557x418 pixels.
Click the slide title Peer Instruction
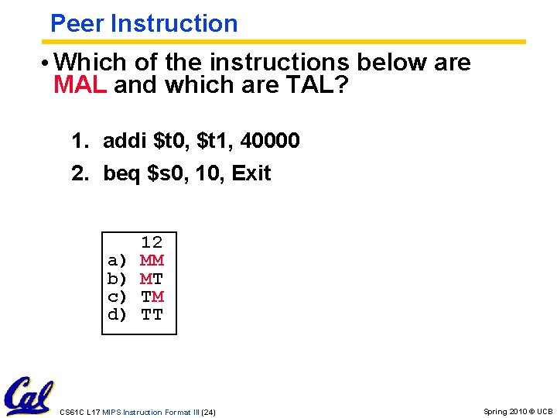143,23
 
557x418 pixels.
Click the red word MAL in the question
80,84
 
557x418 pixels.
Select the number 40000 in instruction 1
270,141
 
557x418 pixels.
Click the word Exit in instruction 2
251,173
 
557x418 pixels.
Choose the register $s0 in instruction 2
166,173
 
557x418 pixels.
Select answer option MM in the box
152,260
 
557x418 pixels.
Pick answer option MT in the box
152,279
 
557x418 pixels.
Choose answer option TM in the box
152,296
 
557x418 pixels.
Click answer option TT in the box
152,315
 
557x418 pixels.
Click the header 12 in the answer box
152,242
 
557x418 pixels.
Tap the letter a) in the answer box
118,260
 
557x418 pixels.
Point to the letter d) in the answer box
118,315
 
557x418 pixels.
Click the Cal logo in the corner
29,396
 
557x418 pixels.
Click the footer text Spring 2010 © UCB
518,412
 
